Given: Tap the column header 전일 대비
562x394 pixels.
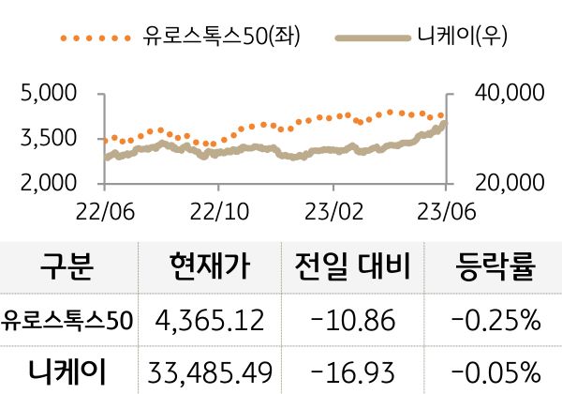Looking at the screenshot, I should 352,267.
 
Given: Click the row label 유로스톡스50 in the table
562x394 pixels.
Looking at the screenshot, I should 67,321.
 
